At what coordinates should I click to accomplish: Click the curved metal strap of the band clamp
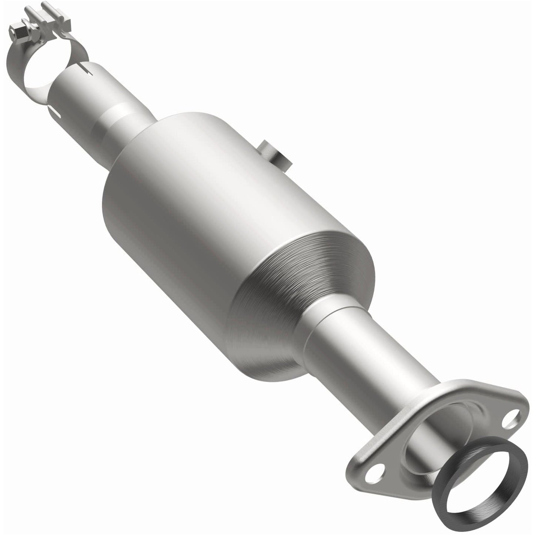[15, 70]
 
